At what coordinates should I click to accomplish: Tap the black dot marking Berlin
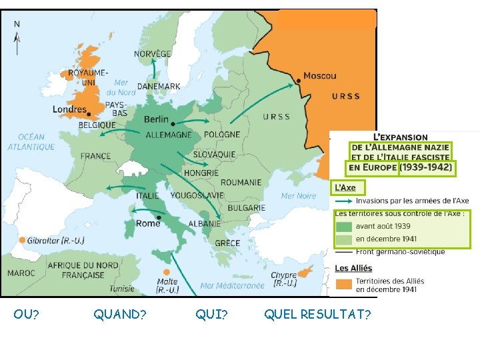tap(173, 124)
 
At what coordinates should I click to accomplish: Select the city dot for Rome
tap(159, 217)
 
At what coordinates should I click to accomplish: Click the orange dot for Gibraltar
tap(22, 240)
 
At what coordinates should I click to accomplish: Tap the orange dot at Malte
tap(167, 272)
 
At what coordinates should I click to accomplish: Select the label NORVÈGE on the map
tap(152, 54)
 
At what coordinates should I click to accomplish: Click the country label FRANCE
tap(95, 157)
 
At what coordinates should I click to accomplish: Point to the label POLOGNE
tap(222, 134)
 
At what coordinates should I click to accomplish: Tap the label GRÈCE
tap(227, 243)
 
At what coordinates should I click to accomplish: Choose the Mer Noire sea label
tap(299, 196)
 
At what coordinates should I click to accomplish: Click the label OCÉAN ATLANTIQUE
tap(31, 142)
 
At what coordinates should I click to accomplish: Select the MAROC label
tap(21, 273)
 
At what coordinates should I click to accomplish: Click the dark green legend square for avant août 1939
tap(343, 227)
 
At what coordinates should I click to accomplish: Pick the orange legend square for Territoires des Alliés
tap(343, 285)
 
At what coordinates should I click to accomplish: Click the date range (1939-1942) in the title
tap(425, 167)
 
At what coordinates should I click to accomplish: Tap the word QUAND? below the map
tap(120, 314)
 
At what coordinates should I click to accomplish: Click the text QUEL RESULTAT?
tap(317, 314)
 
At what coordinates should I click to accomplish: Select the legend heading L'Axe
tap(345, 188)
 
